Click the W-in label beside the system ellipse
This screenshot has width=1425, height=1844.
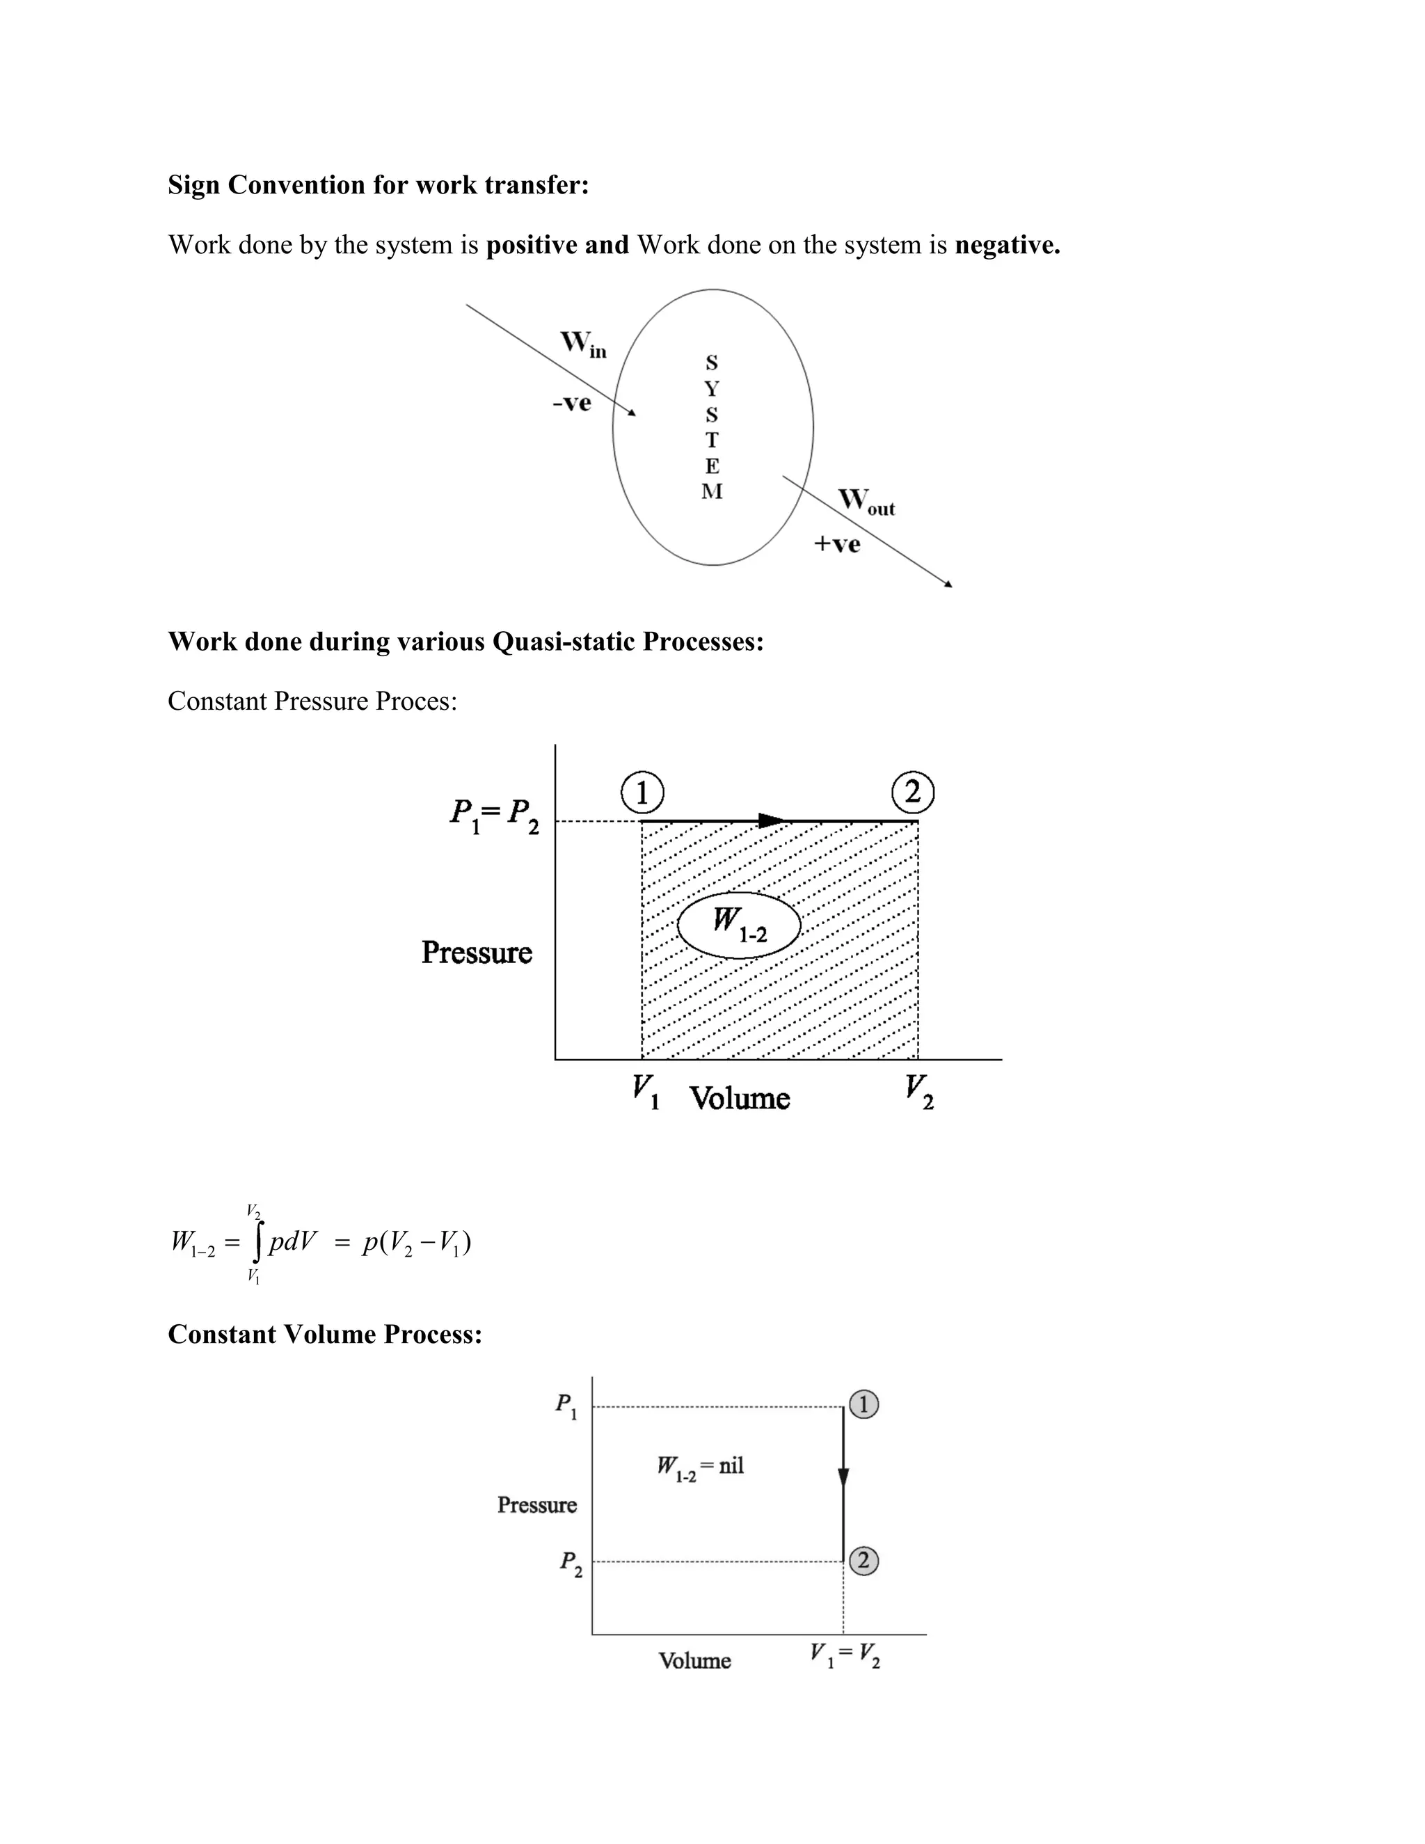583,344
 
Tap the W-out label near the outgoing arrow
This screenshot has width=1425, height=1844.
866,502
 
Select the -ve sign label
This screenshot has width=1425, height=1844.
571,404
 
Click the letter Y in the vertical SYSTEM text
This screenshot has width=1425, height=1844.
712,389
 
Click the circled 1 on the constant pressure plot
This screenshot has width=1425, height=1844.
642,793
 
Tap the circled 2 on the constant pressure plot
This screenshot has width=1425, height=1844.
913,793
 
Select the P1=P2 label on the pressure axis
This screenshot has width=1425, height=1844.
494,816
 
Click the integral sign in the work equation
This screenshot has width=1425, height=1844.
255,1242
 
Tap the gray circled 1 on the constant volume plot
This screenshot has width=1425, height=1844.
863,1405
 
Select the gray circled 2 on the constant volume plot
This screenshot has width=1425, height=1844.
863,1560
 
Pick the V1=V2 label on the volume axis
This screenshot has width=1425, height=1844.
844,1654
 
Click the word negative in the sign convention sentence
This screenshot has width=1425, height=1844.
1006,245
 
